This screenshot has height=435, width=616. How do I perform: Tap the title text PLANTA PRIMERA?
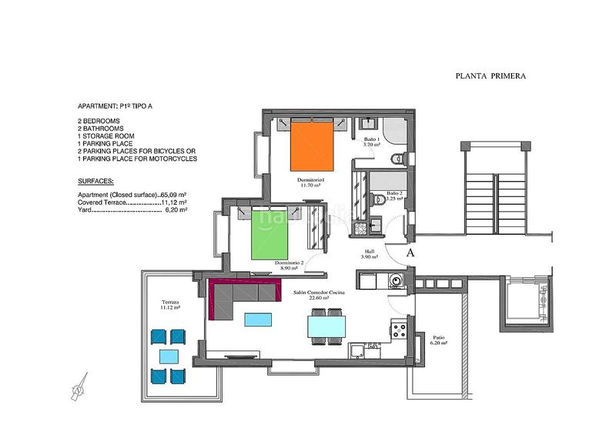(490, 76)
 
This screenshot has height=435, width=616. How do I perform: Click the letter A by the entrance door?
(410, 252)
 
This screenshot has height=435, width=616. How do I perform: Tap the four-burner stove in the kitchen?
(400, 332)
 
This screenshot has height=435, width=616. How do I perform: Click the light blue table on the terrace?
(169, 356)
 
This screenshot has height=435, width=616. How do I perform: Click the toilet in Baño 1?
(397, 159)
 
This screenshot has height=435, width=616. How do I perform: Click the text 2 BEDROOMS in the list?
(99, 122)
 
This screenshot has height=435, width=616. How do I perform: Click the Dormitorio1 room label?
(313, 180)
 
